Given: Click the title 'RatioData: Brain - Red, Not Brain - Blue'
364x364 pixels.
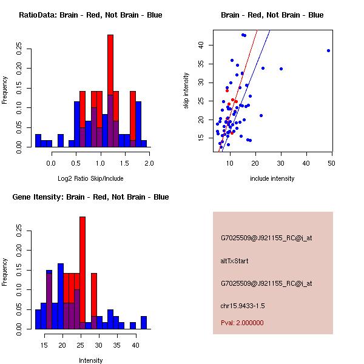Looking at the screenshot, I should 90,15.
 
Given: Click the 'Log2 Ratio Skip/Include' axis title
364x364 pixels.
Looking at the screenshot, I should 90,178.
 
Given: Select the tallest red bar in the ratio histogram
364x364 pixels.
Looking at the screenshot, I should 110,91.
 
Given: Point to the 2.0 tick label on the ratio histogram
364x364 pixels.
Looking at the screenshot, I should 149,163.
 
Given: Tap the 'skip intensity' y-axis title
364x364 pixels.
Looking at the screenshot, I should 187,91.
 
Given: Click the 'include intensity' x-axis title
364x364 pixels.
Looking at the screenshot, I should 272,178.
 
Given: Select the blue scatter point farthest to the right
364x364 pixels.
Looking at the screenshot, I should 328,50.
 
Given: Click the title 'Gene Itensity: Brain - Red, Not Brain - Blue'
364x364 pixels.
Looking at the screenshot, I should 90,197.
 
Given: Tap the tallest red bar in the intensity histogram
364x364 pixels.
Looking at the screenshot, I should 83,273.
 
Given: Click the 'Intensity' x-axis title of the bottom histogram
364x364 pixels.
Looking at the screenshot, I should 90,360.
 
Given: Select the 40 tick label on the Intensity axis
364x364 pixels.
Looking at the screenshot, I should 135,345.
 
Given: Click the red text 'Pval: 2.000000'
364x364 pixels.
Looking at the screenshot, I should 242,323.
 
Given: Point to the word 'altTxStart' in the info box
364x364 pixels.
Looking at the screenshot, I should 234,261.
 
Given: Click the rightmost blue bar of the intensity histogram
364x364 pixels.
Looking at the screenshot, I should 144,323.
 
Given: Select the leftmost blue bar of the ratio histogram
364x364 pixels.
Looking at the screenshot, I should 38,141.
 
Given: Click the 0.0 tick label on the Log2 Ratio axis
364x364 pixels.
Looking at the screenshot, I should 51,163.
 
